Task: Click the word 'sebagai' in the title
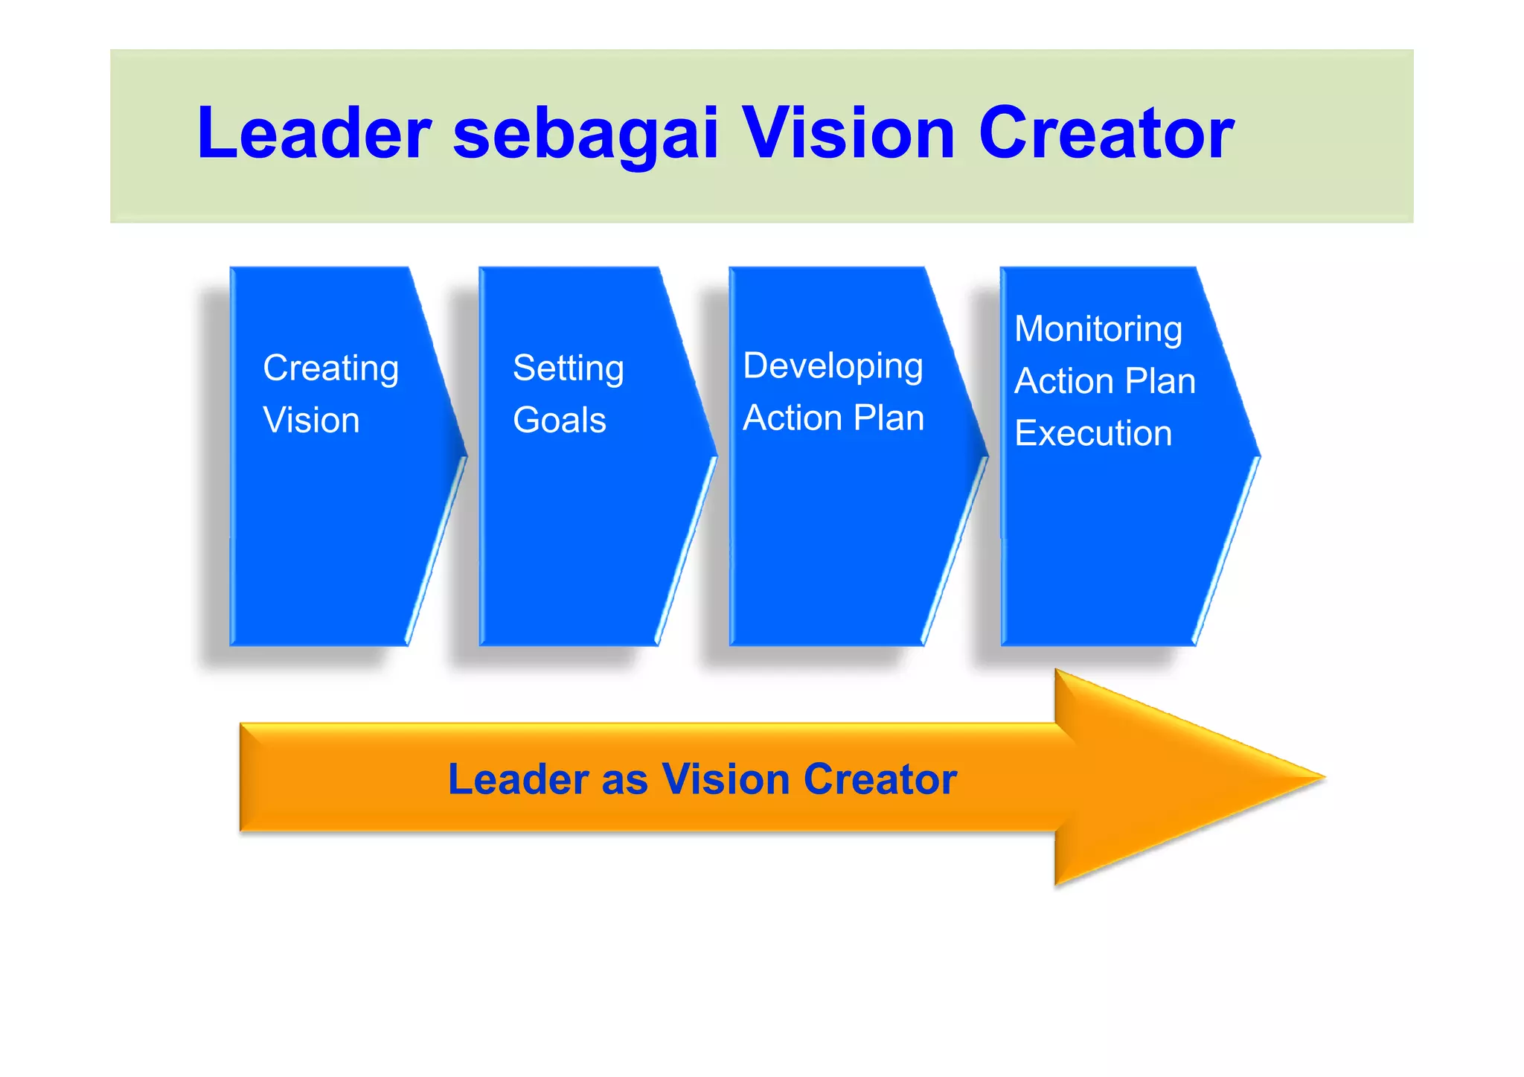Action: pyautogui.click(x=586, y=134)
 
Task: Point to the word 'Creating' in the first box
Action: pyautogui.click(x=331, y=369)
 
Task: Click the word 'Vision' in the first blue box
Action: pyautogui.click(x=311, y=421)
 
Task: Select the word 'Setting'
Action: pyautogui.click(x=569, y=369)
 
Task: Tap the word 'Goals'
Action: pyautogui.click(x=560, y=421)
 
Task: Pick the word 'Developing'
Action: pyautogui.click(x=833, y=367)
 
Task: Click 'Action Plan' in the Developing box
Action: pyautogui.click(x=833, y=418)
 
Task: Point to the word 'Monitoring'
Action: pyautogui.click(x=1098, y=330)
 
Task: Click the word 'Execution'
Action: pyautogui.click(x=1093, y=434)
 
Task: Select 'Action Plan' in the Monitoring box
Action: pyautogui.click(x=1105, y=382)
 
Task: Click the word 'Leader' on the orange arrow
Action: pyautogui.click(x=519, y=779)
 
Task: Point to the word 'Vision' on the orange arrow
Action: pyautogui.click(x=726, y=779)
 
